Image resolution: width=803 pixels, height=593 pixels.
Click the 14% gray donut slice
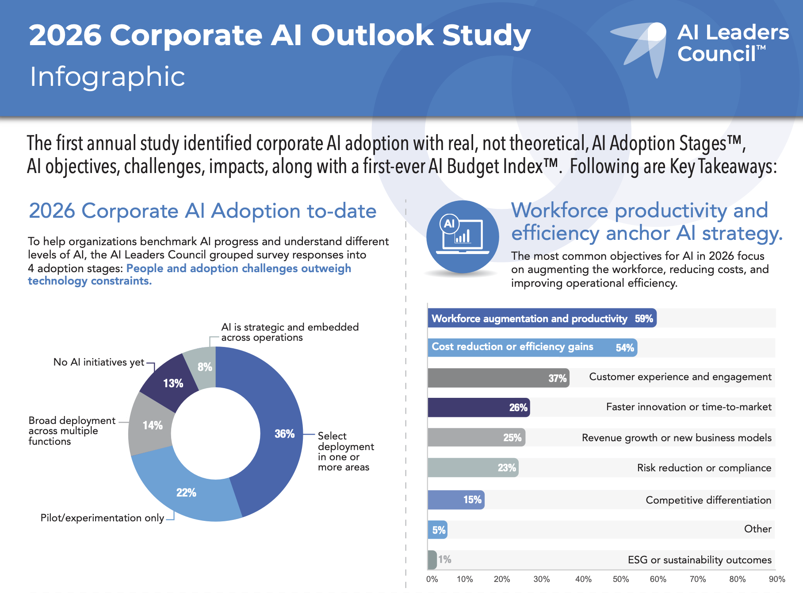point(150,425)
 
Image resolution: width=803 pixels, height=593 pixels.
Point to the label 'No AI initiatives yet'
point(99,362)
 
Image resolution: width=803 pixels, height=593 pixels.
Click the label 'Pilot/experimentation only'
point(102,518)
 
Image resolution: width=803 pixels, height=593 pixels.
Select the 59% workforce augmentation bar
point(542,319)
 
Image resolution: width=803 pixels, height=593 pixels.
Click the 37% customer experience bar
point(498,378)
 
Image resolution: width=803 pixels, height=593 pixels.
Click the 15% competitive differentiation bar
point(456,500)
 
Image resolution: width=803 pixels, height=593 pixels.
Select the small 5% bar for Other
point(438,530)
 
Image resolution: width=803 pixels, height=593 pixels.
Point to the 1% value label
point(445,559)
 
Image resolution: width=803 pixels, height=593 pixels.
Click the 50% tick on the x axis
point(621,579)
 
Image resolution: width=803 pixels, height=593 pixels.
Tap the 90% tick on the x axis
point(777,579)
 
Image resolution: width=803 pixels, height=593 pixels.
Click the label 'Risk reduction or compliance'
point(704,468)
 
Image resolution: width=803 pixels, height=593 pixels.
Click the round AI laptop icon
point(463,237)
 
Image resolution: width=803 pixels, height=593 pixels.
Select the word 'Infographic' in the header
point(107,77)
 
